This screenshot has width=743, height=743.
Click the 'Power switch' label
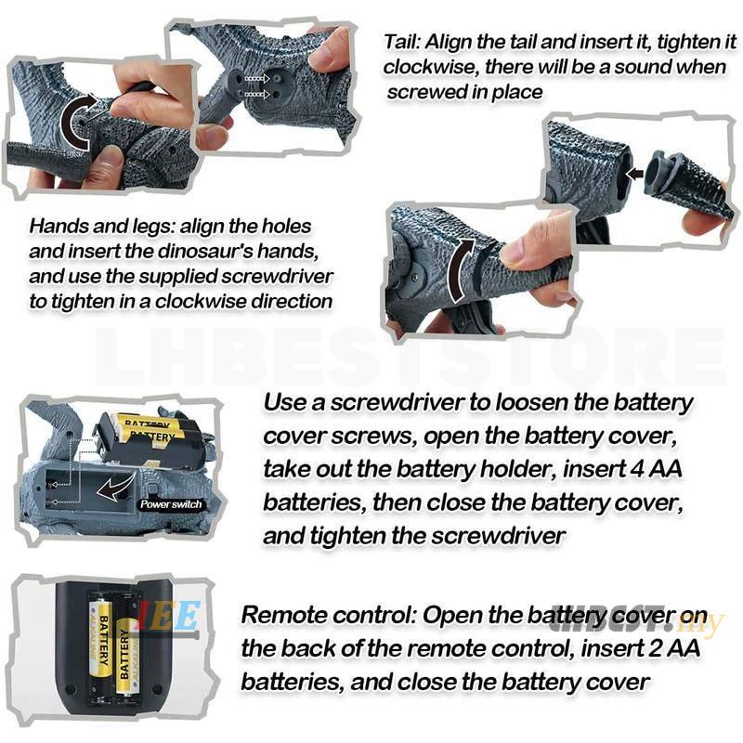(x=171, y=504)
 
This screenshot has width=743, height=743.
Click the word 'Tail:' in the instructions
(x=402, y=42)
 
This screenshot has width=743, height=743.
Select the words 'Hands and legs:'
(x=102, y=226)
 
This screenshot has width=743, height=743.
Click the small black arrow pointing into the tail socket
(x=634, y=174)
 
